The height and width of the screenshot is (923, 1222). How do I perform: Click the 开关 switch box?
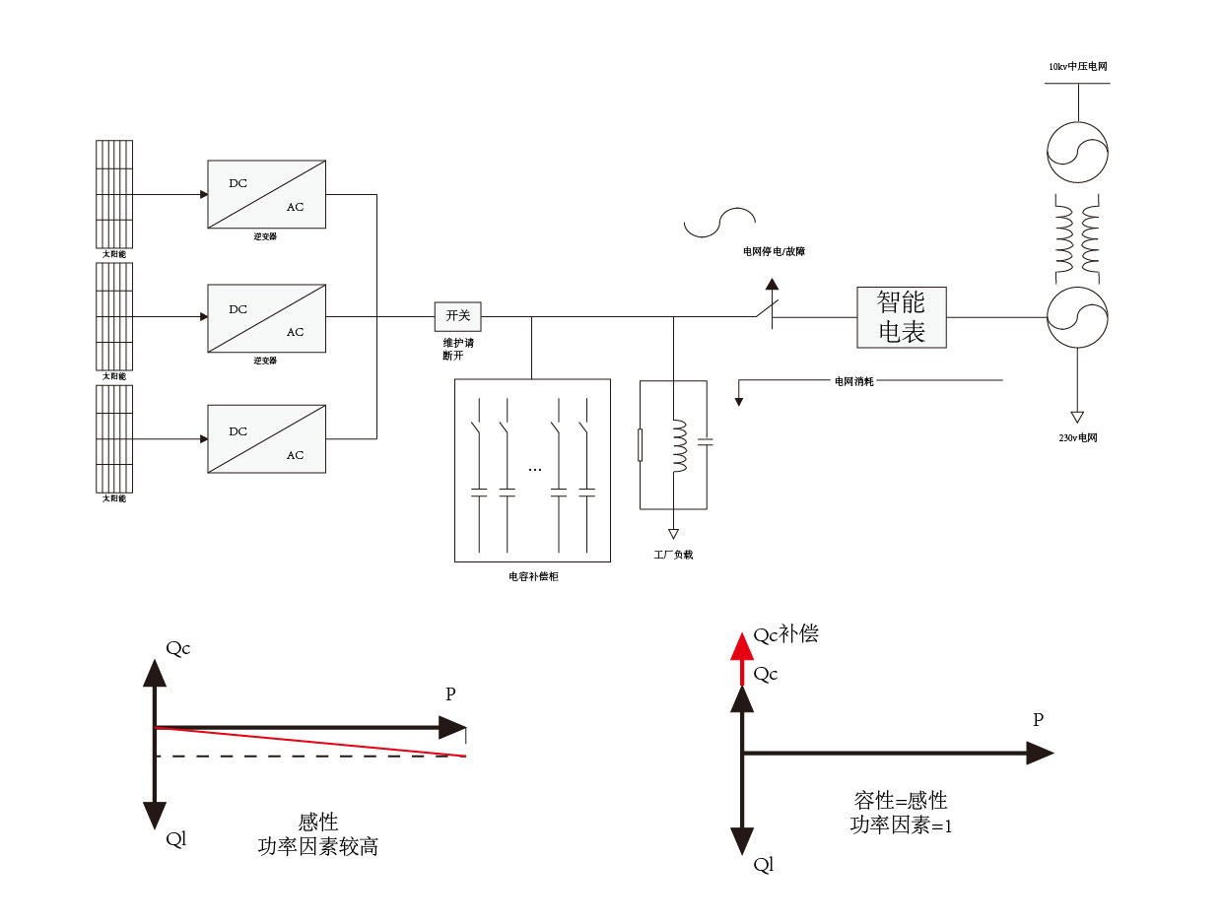coord(458,316)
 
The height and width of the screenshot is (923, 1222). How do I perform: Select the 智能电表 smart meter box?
coord(901,317)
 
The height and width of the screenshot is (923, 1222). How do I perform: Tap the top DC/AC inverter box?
coord(266,194)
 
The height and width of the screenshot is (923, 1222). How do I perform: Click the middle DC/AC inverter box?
coord(266,317)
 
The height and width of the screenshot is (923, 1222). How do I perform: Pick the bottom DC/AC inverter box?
coord(266,439)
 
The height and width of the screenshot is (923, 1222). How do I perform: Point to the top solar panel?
coord(114,193)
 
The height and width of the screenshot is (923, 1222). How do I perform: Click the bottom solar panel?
coord(114,438)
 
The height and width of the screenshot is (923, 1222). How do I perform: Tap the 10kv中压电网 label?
coord(1077,67)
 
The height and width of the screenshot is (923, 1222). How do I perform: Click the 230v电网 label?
coord(1077,437)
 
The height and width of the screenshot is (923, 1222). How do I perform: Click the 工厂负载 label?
coord(673,555)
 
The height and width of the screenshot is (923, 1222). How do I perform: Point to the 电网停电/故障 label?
coord(774,252)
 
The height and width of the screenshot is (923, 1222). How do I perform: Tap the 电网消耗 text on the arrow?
coord(853,380)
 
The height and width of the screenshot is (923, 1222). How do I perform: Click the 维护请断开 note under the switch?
coord(458,349)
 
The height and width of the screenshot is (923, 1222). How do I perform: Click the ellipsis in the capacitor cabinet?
coord(534,470)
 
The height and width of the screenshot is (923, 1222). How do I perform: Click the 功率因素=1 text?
coord(901,825)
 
